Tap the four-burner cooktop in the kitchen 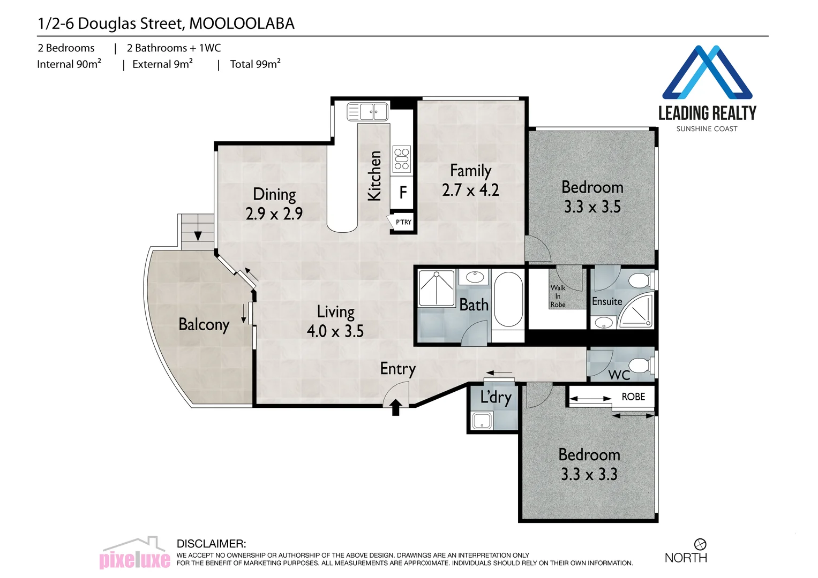click(x=402, y=159)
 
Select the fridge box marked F click(x=403, y=192)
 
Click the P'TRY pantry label click(x=403, y=222)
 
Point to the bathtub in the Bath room click(x=508, y=299)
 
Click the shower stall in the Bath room click(x=437, y=288)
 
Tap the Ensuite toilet click(x=640, y=280)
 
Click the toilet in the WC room click(x=640, y=366)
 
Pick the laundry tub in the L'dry click(x=482, y=421)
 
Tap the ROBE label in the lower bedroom click(x=633, y=397)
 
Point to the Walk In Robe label click(x=558, y=296)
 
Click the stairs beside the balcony click(x=197, y=231)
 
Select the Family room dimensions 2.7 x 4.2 click(x=470, y=190)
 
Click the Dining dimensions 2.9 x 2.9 click(x=274, y=214)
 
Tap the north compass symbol click(x=700, y=544)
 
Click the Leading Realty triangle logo click(x=707, y=73)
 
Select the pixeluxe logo click(x=135, y=554)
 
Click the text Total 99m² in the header click(x=255, y=64)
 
